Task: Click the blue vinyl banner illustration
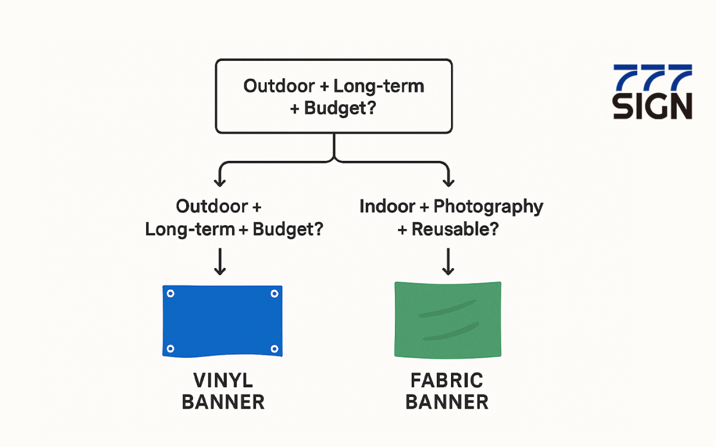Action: (222, 321)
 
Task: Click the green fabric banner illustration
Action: (448, 319)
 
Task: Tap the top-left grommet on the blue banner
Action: (171, 293)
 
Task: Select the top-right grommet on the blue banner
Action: (274, 293)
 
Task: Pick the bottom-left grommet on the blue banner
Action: (171, 348)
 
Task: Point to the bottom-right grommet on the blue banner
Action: (274, 348)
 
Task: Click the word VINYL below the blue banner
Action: (223, 380)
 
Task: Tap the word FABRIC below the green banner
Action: (447, 380)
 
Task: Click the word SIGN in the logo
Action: (653, 106)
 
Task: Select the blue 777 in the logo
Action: (653, 78)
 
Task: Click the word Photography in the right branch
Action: (488, 207)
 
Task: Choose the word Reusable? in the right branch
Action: (455, 229)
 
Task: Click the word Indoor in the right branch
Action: (388, 206)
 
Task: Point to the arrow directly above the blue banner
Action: (220, 262)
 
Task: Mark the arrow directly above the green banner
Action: (448, 262)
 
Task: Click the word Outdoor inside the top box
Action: (279, 86)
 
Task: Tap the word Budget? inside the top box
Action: (340, 108)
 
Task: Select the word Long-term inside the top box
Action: (379, 86)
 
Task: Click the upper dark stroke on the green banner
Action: (447, 309)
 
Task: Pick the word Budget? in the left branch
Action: (288, 229)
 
